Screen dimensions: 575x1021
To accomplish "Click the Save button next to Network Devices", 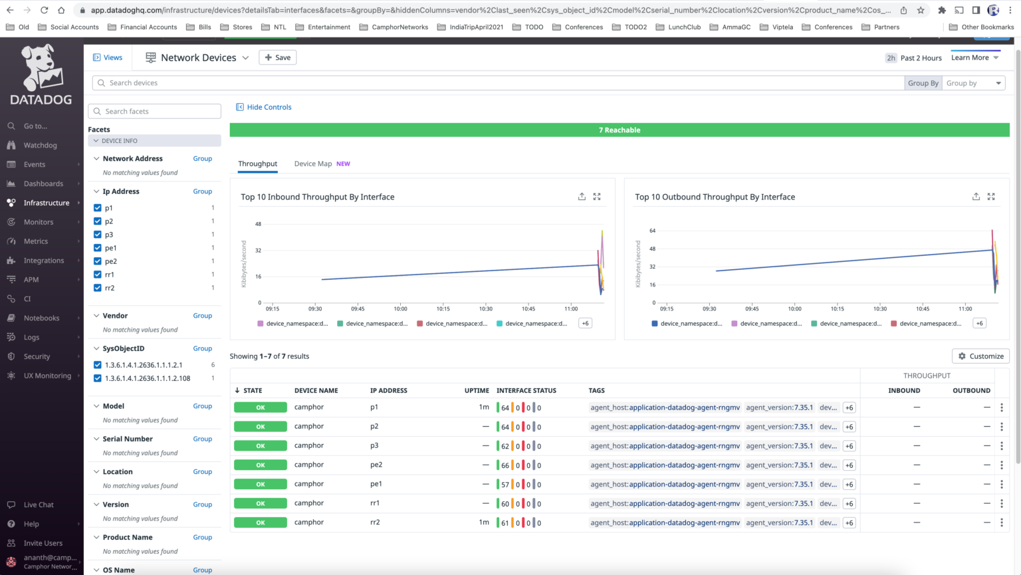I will click(x=277, y=58).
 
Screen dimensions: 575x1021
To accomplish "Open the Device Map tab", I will click(x=313, y=164).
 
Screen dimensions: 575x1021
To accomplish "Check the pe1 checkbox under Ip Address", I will click(x=98, y=248).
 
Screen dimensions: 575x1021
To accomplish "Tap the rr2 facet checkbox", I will click(x=98, y=288).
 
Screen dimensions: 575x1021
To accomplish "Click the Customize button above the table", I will click(x=980, y=356).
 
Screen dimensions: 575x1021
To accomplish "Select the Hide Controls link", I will click(x=264, y=107).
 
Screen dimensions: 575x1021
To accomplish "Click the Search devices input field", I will click(x=499, y=83).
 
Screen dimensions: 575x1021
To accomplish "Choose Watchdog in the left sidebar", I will click(x=40, y=146).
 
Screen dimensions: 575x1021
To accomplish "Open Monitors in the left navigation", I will click(x=39, y=222).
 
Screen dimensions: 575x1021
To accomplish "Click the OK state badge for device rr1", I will click(x=261, y=504).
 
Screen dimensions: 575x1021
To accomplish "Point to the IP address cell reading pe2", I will click(x=376, y=465).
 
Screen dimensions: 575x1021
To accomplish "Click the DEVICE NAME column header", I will click(x=316, y=391).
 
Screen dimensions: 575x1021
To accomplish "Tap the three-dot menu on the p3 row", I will click(x=1002, y=446).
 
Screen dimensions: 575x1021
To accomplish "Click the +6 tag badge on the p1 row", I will click(x=849, y=408).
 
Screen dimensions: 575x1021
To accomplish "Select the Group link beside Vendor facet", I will click(x=203, y=316).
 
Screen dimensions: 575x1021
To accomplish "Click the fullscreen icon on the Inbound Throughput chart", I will click(x=597, y=197).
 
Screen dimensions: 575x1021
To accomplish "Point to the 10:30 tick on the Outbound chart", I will click(x=880, y=309).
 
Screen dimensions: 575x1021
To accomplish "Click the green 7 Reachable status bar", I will click(x=619, y=130).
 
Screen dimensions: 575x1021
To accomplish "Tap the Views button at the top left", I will click(x=108, y=58).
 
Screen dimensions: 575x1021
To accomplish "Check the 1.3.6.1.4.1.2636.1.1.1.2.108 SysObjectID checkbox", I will click(x=98, y=378).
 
